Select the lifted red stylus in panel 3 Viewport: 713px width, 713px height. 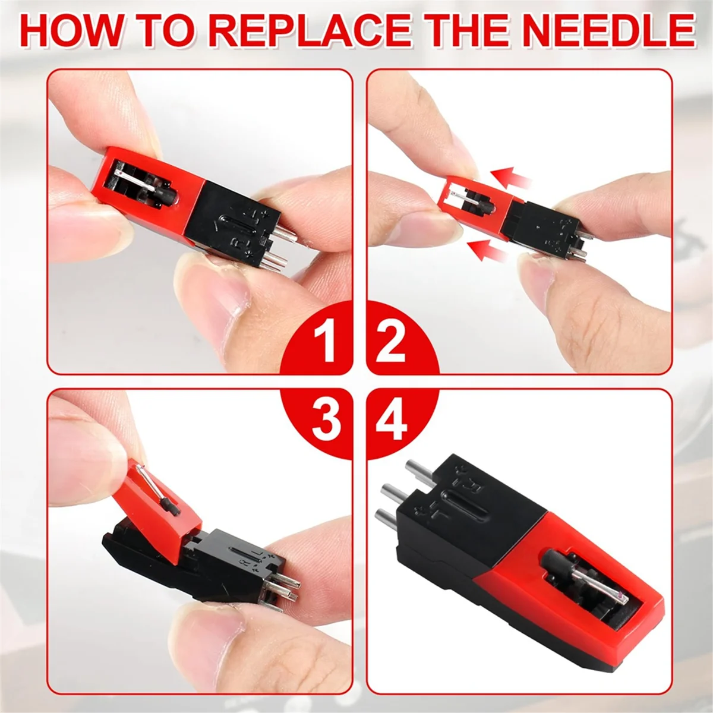coord(160,511)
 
